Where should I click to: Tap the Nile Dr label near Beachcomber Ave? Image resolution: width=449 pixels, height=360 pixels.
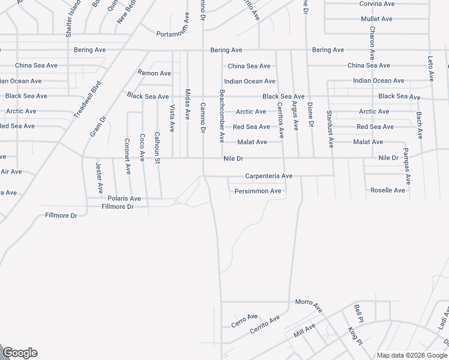point(233,159)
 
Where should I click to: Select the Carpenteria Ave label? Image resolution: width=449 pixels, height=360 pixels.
point(268,176)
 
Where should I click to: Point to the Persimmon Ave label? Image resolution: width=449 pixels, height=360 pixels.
point(258,191)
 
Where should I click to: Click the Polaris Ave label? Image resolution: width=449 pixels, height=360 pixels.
point(124,198)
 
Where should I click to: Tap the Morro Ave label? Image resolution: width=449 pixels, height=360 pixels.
point(309,305)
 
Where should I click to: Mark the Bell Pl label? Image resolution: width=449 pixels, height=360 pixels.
point(358,313)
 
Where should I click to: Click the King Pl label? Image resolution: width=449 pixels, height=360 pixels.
point(355,336)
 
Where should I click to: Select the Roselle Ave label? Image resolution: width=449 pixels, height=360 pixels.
point(388,190)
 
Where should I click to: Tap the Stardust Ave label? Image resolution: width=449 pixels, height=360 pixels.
point(330,128)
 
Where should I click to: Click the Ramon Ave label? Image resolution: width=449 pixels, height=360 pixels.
point(154,73)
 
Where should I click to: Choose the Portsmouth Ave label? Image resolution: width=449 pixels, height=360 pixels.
point(176,34)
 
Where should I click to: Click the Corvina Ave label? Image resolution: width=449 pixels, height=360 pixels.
point(377,4)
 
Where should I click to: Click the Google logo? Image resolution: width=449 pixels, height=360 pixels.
point(20,353)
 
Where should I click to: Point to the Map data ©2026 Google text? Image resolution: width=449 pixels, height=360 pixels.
point(412,355)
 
